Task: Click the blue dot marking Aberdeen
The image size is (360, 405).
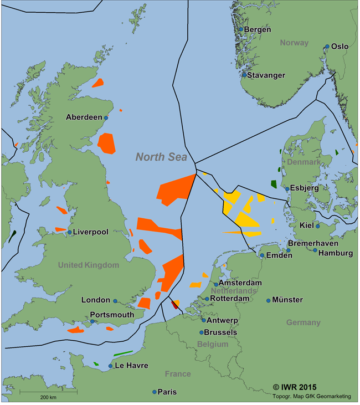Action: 106,117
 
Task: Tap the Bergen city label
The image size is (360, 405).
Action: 258,29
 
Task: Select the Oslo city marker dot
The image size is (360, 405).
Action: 327,47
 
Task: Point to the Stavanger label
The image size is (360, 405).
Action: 266,75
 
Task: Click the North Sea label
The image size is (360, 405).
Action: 158,157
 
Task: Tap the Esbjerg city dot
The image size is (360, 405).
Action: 287,188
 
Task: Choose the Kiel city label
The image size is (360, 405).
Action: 306,225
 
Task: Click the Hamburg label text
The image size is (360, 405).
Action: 336,253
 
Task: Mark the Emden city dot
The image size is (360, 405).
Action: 262,255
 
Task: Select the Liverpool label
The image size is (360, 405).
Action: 91,232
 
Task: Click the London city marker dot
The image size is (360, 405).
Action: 115,301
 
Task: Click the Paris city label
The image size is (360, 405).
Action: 167,392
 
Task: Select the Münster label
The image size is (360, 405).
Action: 287,300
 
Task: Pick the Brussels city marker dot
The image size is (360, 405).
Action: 202,332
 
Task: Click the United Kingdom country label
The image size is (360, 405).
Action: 89,265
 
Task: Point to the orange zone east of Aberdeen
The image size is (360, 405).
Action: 106,142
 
